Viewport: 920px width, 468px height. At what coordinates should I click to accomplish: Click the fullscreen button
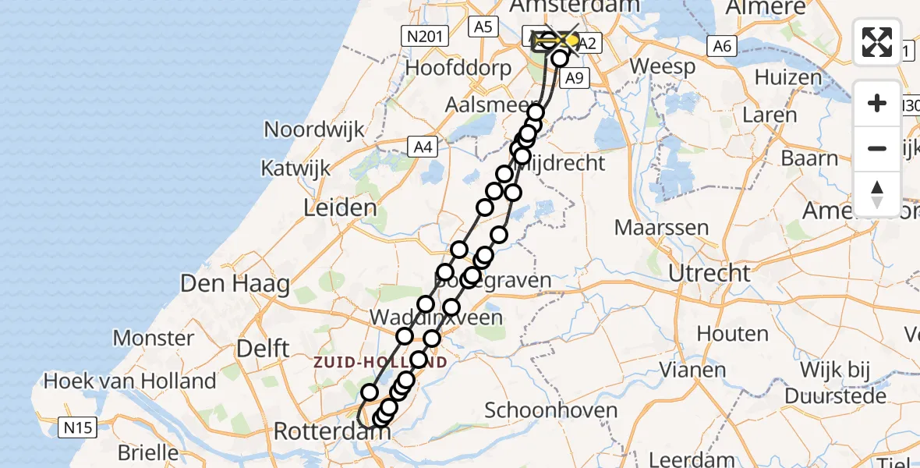click(x=877, y=42)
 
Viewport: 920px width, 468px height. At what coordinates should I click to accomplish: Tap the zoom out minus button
click(x=877, y=148)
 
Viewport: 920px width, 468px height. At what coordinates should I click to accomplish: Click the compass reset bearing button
click(x=877, y=194)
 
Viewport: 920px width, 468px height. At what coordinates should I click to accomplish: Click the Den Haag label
click(x=235, y=283)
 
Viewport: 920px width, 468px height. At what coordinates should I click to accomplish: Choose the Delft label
click(x=263, y=349)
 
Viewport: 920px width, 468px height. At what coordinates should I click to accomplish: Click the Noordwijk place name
click(x=314, y=129)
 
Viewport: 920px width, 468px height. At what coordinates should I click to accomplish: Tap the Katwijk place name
click(x=295, y=168)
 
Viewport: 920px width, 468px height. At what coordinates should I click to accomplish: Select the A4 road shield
click(x=423, y=146)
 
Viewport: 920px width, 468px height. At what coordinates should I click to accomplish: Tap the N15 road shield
click(x=77, y=427)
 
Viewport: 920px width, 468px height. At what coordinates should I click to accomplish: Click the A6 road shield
click(x=722, y=46)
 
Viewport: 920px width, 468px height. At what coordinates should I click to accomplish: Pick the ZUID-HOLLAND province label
click(x=380, y=363)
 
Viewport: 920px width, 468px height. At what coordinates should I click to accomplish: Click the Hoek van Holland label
click(x=130, y=381)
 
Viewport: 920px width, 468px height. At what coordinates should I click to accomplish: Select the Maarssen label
click(x=662, y=229)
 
